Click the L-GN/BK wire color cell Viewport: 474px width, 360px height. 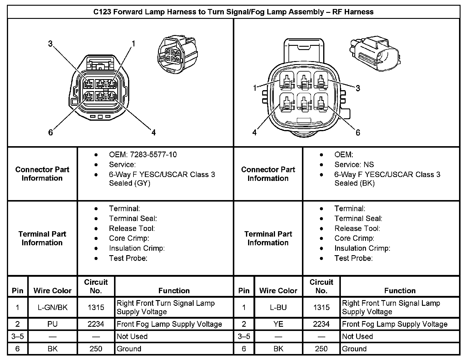pos(53,307)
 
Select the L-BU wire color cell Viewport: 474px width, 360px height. pos(278,307)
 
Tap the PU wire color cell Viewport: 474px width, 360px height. pos(53,324)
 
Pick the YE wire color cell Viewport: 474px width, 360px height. pos(278,324)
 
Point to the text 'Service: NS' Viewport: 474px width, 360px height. pos(354,164)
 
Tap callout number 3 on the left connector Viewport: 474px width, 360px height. pos(50,44)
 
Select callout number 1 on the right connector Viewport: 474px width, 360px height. pos(255,88)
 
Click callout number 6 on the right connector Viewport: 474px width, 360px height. pos(358,132)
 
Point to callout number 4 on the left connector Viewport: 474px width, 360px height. pos(154,132)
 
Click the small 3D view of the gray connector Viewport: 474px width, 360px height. pos(177,55)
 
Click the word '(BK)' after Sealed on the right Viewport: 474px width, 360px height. pos(367,183)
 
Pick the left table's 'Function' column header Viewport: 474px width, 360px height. pos(174,291)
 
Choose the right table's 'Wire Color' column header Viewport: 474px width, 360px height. pos(278,291)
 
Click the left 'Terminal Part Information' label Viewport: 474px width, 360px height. pos(42,238)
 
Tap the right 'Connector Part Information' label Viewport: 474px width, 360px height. pos(268,174)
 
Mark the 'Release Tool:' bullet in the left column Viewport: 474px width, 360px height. pos(132,229)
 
